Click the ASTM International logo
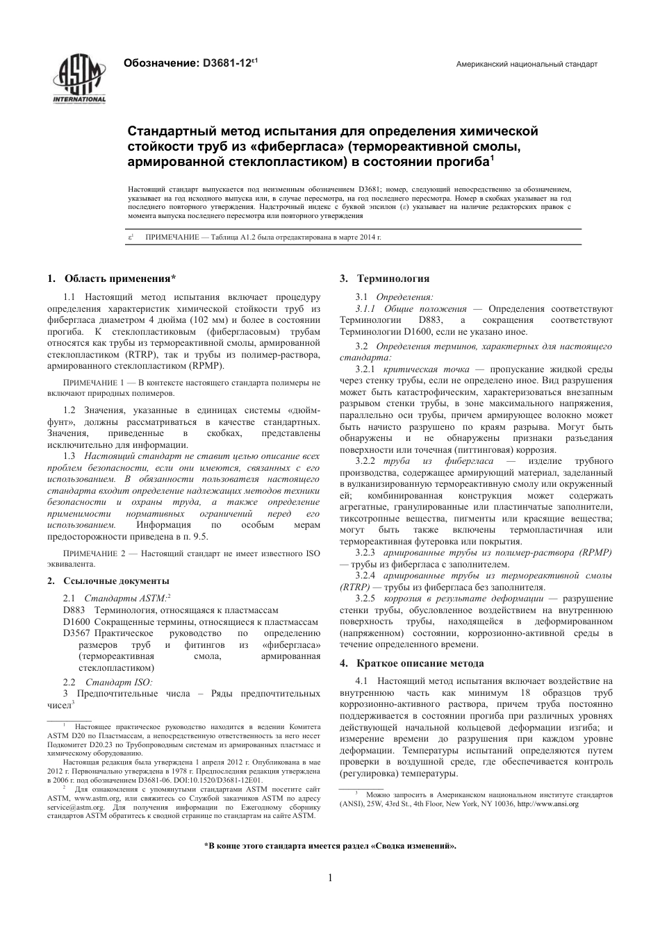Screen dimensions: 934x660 tap(79, 78)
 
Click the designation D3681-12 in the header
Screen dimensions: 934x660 tap(229, 63)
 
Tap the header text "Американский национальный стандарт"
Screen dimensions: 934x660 tap(526, 65)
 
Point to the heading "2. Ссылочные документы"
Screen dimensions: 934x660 tap(108, 581)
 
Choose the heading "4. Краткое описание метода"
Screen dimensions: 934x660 tap(411, 663)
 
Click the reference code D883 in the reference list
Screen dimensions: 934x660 tap(74, 610)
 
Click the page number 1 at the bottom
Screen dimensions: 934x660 tap(330, 878)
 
